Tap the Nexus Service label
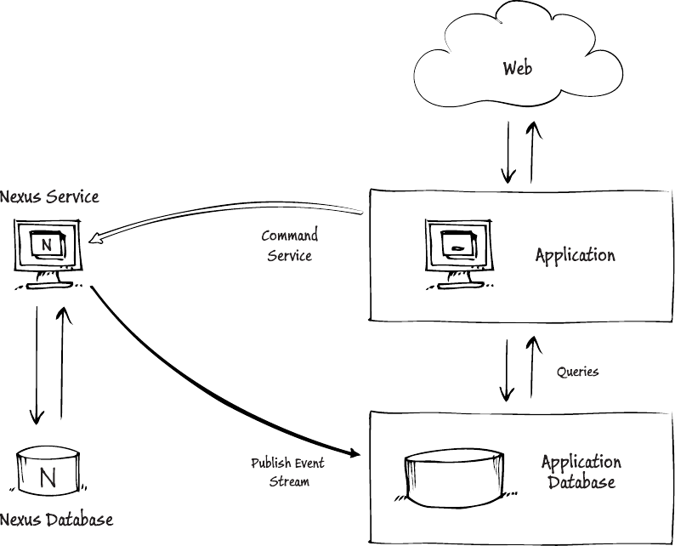(49, 197)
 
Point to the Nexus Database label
(56, 519)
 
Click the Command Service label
(289, 245)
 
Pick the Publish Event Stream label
(287, 472)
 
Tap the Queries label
(578, 372)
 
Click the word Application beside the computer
(575, 254)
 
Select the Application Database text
(581, 472)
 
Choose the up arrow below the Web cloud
(534, 151)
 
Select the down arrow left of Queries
(508, 370)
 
